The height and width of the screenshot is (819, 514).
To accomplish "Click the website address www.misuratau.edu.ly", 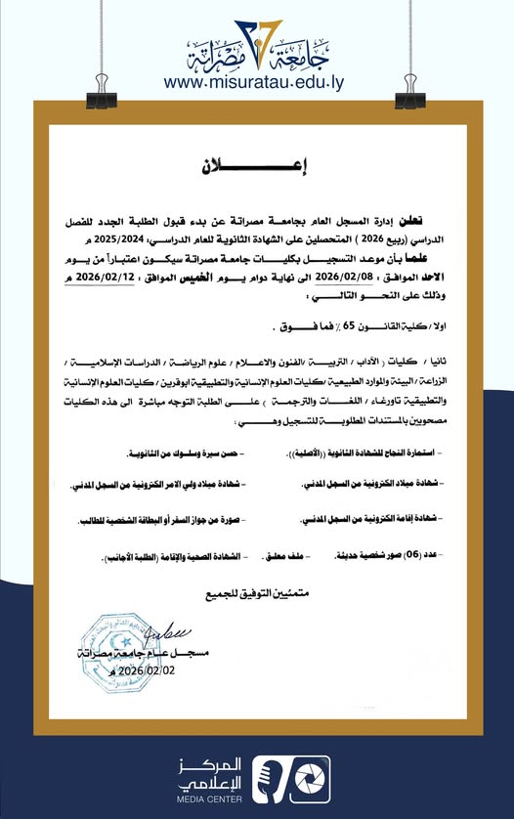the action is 256,85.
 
